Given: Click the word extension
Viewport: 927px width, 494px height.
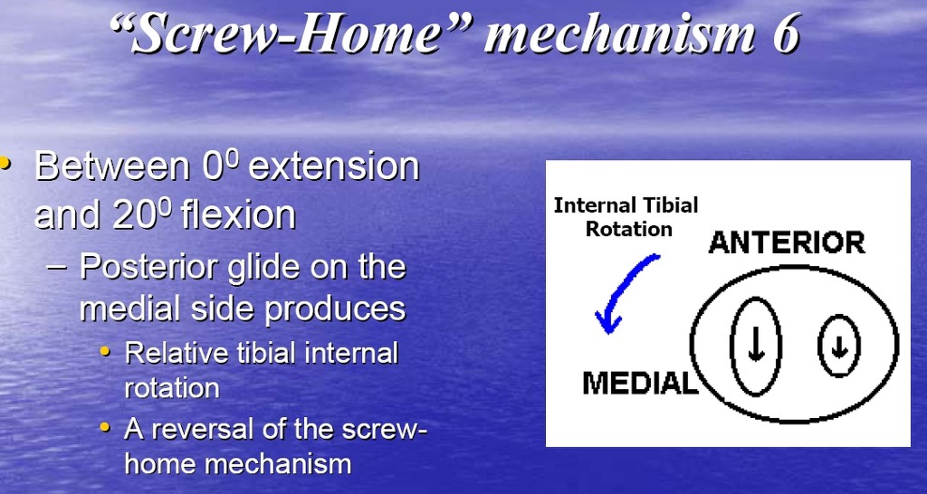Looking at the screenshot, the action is pyautogui.click(x=333, y=166).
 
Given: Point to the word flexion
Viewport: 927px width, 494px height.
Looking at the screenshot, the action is pyautogui.click(x=238, y=214).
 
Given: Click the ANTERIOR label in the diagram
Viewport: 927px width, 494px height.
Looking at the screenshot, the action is pyautogui.click(x=787, y=242).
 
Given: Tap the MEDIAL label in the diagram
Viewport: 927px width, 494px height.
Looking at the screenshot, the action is pyautogui.click(x=640, y=384).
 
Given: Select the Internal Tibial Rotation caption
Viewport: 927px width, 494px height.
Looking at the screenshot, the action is pyautogui.click(x=626, y=217).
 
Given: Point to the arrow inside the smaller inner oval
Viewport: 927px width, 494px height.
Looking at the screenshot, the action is pyautogui.click(x=838, y=347).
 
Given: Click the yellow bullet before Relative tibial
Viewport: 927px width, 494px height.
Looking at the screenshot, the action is pyautogui.click(x=105, y=352).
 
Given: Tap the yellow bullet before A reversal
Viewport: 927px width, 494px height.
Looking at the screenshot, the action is pyautogui.click(x=105, y=427).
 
